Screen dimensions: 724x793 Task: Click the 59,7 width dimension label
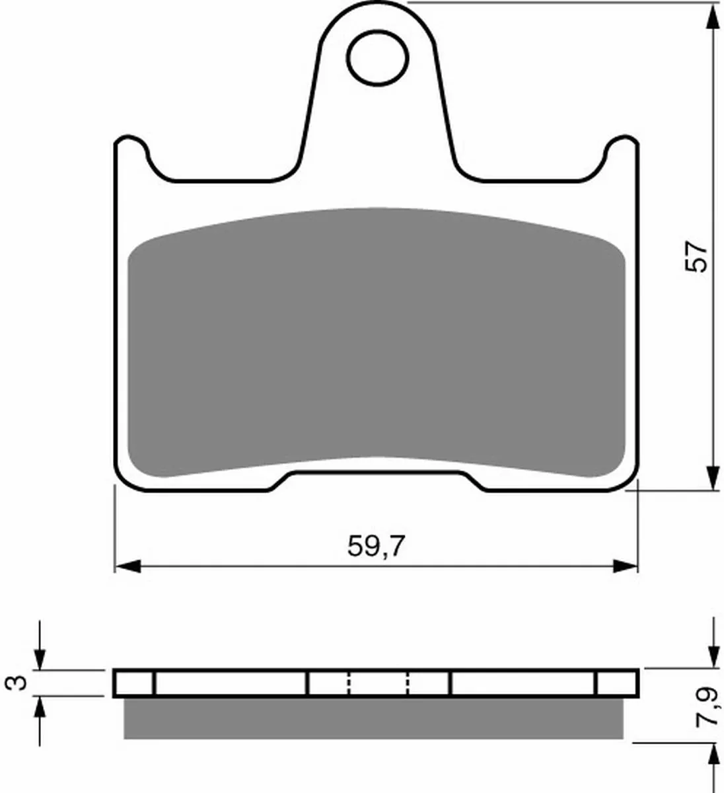[x=377, y=547]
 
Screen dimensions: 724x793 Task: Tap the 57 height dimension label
[x=695, y=257]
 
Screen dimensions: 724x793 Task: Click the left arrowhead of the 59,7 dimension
[x=127, y=566]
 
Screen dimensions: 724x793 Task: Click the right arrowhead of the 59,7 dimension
[x=625, y=566]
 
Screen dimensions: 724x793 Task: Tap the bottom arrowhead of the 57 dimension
[x=713, y=478]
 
